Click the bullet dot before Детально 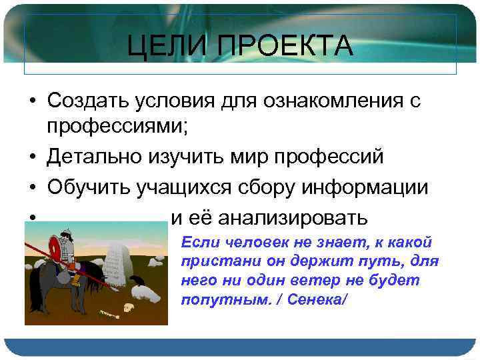[32, 157]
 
